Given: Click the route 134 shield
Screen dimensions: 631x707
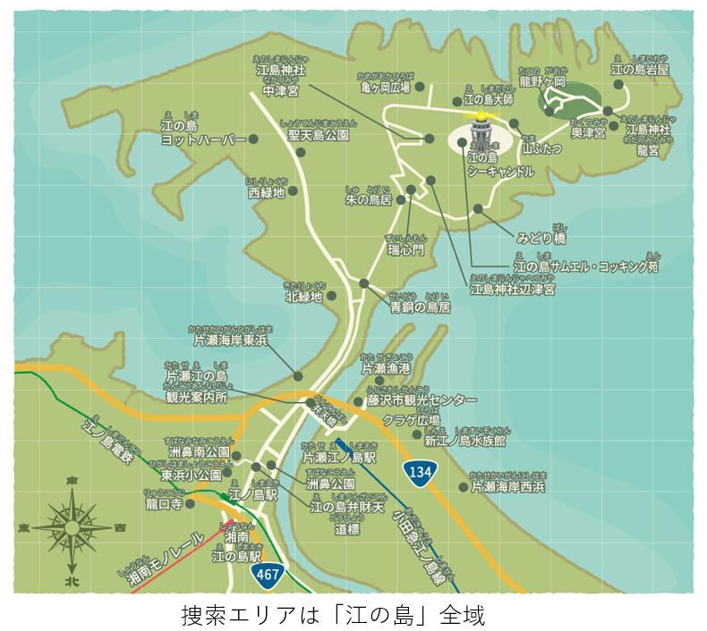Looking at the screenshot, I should [x=421, y=470].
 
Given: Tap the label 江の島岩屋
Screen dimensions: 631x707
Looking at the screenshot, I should [x=640, y=68].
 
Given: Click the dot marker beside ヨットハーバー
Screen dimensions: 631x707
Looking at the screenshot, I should [x=253, y=139].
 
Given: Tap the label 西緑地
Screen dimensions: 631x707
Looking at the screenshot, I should [x=266, y=191].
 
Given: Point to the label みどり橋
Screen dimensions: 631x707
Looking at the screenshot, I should [x=541, y=238].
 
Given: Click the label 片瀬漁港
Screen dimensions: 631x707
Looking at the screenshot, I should [x=386, y=367].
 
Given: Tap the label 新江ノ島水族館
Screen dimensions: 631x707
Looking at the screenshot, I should [x=464, y=440].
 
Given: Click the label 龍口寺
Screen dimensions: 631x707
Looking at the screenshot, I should [x=164, y=503].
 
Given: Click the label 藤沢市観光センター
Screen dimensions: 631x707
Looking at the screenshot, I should [x=422, y=400].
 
